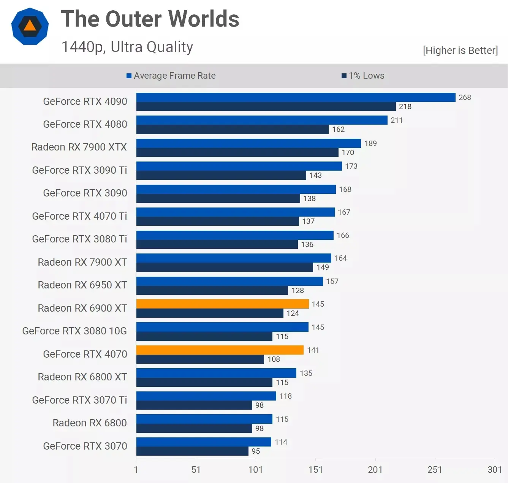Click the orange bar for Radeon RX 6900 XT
tap(222, 304)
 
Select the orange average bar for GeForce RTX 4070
tap(220, 350)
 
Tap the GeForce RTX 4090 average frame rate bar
tap(296, 97)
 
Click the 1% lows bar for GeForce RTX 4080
tap(232, 130)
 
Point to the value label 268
tap(464, 97)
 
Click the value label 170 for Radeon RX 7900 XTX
tap(348, 152)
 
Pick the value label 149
tap(323, 267)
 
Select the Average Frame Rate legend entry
tap(171, 76)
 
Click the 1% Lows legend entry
tap(363, 76)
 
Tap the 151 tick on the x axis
tap(315, 469)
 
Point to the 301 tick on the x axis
tap(495, 469)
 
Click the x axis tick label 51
tap(196, 469)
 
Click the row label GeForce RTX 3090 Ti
tap(79, 170)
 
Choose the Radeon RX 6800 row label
tap(89, 423)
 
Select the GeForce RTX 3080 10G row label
tap(74, 331)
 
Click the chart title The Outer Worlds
tap(150, 19)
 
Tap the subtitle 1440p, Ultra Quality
tap(127, 47)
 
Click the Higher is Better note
tap(460, 51)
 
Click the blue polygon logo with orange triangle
tap(30, 26)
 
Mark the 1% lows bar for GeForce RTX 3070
tap(192, 451)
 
